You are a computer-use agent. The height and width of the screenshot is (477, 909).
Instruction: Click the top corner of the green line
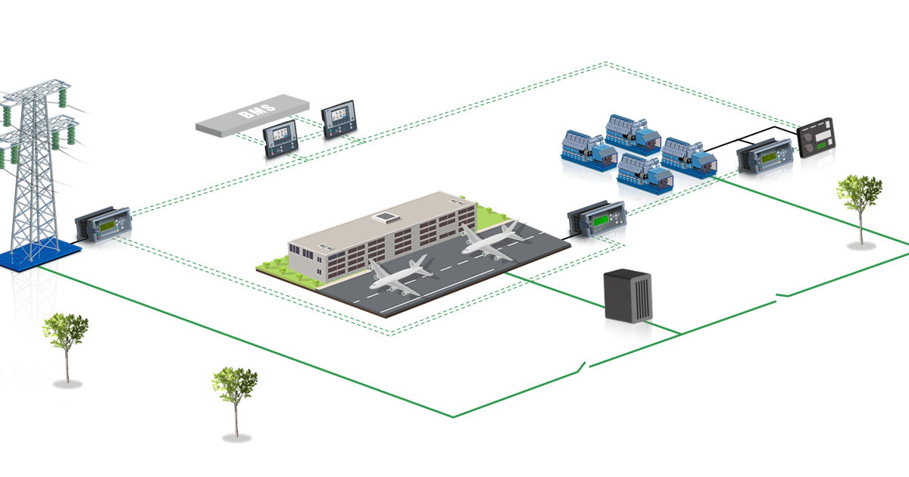(x=606, y=62)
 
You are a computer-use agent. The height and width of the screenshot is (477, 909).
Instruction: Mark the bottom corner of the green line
(x=454, y=416)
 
